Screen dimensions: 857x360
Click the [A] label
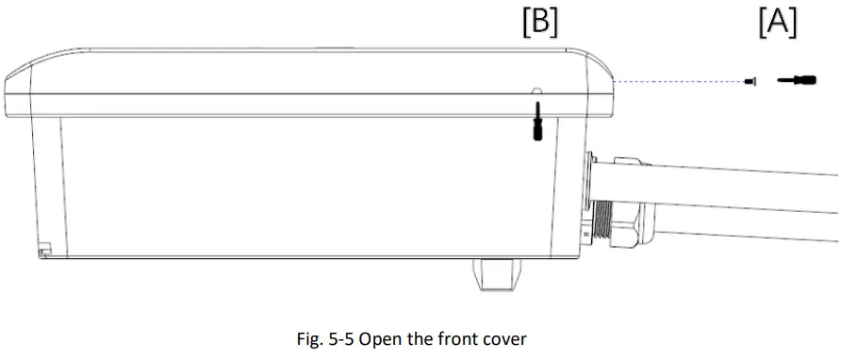click(778, 24)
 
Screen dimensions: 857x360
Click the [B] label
click(540, 24)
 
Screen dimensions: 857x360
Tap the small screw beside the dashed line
click(750, 81)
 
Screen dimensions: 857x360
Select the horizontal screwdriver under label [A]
click(797, 81)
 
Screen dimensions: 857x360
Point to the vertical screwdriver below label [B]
click(537, 122)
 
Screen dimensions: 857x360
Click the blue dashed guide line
click(678, 81)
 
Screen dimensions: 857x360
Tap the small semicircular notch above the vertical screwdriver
click(536, 90)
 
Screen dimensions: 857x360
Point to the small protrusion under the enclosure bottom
click(497, 275)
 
